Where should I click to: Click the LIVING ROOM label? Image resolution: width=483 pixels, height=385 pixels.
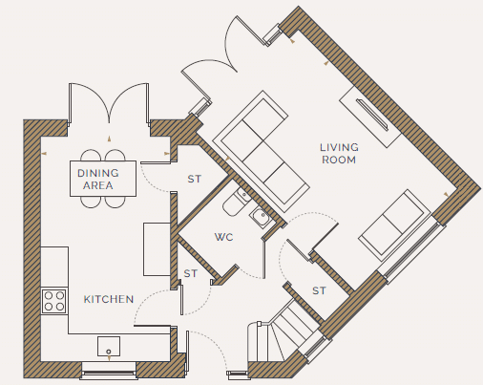(339, 154)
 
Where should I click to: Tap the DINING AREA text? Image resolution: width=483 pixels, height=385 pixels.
(98, 180)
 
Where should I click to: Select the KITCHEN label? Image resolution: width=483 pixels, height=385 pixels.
(109, 299)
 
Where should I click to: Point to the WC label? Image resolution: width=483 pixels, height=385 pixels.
(224, 237)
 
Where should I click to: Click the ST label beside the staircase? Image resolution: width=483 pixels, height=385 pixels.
(319, 290)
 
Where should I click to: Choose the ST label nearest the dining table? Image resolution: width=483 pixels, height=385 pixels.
(195, 179)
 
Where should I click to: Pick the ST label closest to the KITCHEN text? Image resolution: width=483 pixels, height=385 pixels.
(191, 273)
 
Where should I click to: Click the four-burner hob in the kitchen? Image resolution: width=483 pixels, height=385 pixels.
(54, 301)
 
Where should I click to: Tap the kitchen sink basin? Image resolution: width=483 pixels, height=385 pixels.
(109, 346)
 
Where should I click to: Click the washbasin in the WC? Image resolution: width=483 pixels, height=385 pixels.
(261, 217)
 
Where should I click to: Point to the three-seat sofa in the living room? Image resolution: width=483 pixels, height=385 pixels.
(261, 151)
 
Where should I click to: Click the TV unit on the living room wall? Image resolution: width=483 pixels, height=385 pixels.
(370, 117)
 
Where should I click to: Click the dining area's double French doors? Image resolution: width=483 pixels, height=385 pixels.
(109, 103)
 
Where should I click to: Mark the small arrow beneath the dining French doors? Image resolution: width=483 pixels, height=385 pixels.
(109, 139)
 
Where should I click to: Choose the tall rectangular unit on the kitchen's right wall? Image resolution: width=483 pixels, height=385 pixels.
(157, 249)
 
